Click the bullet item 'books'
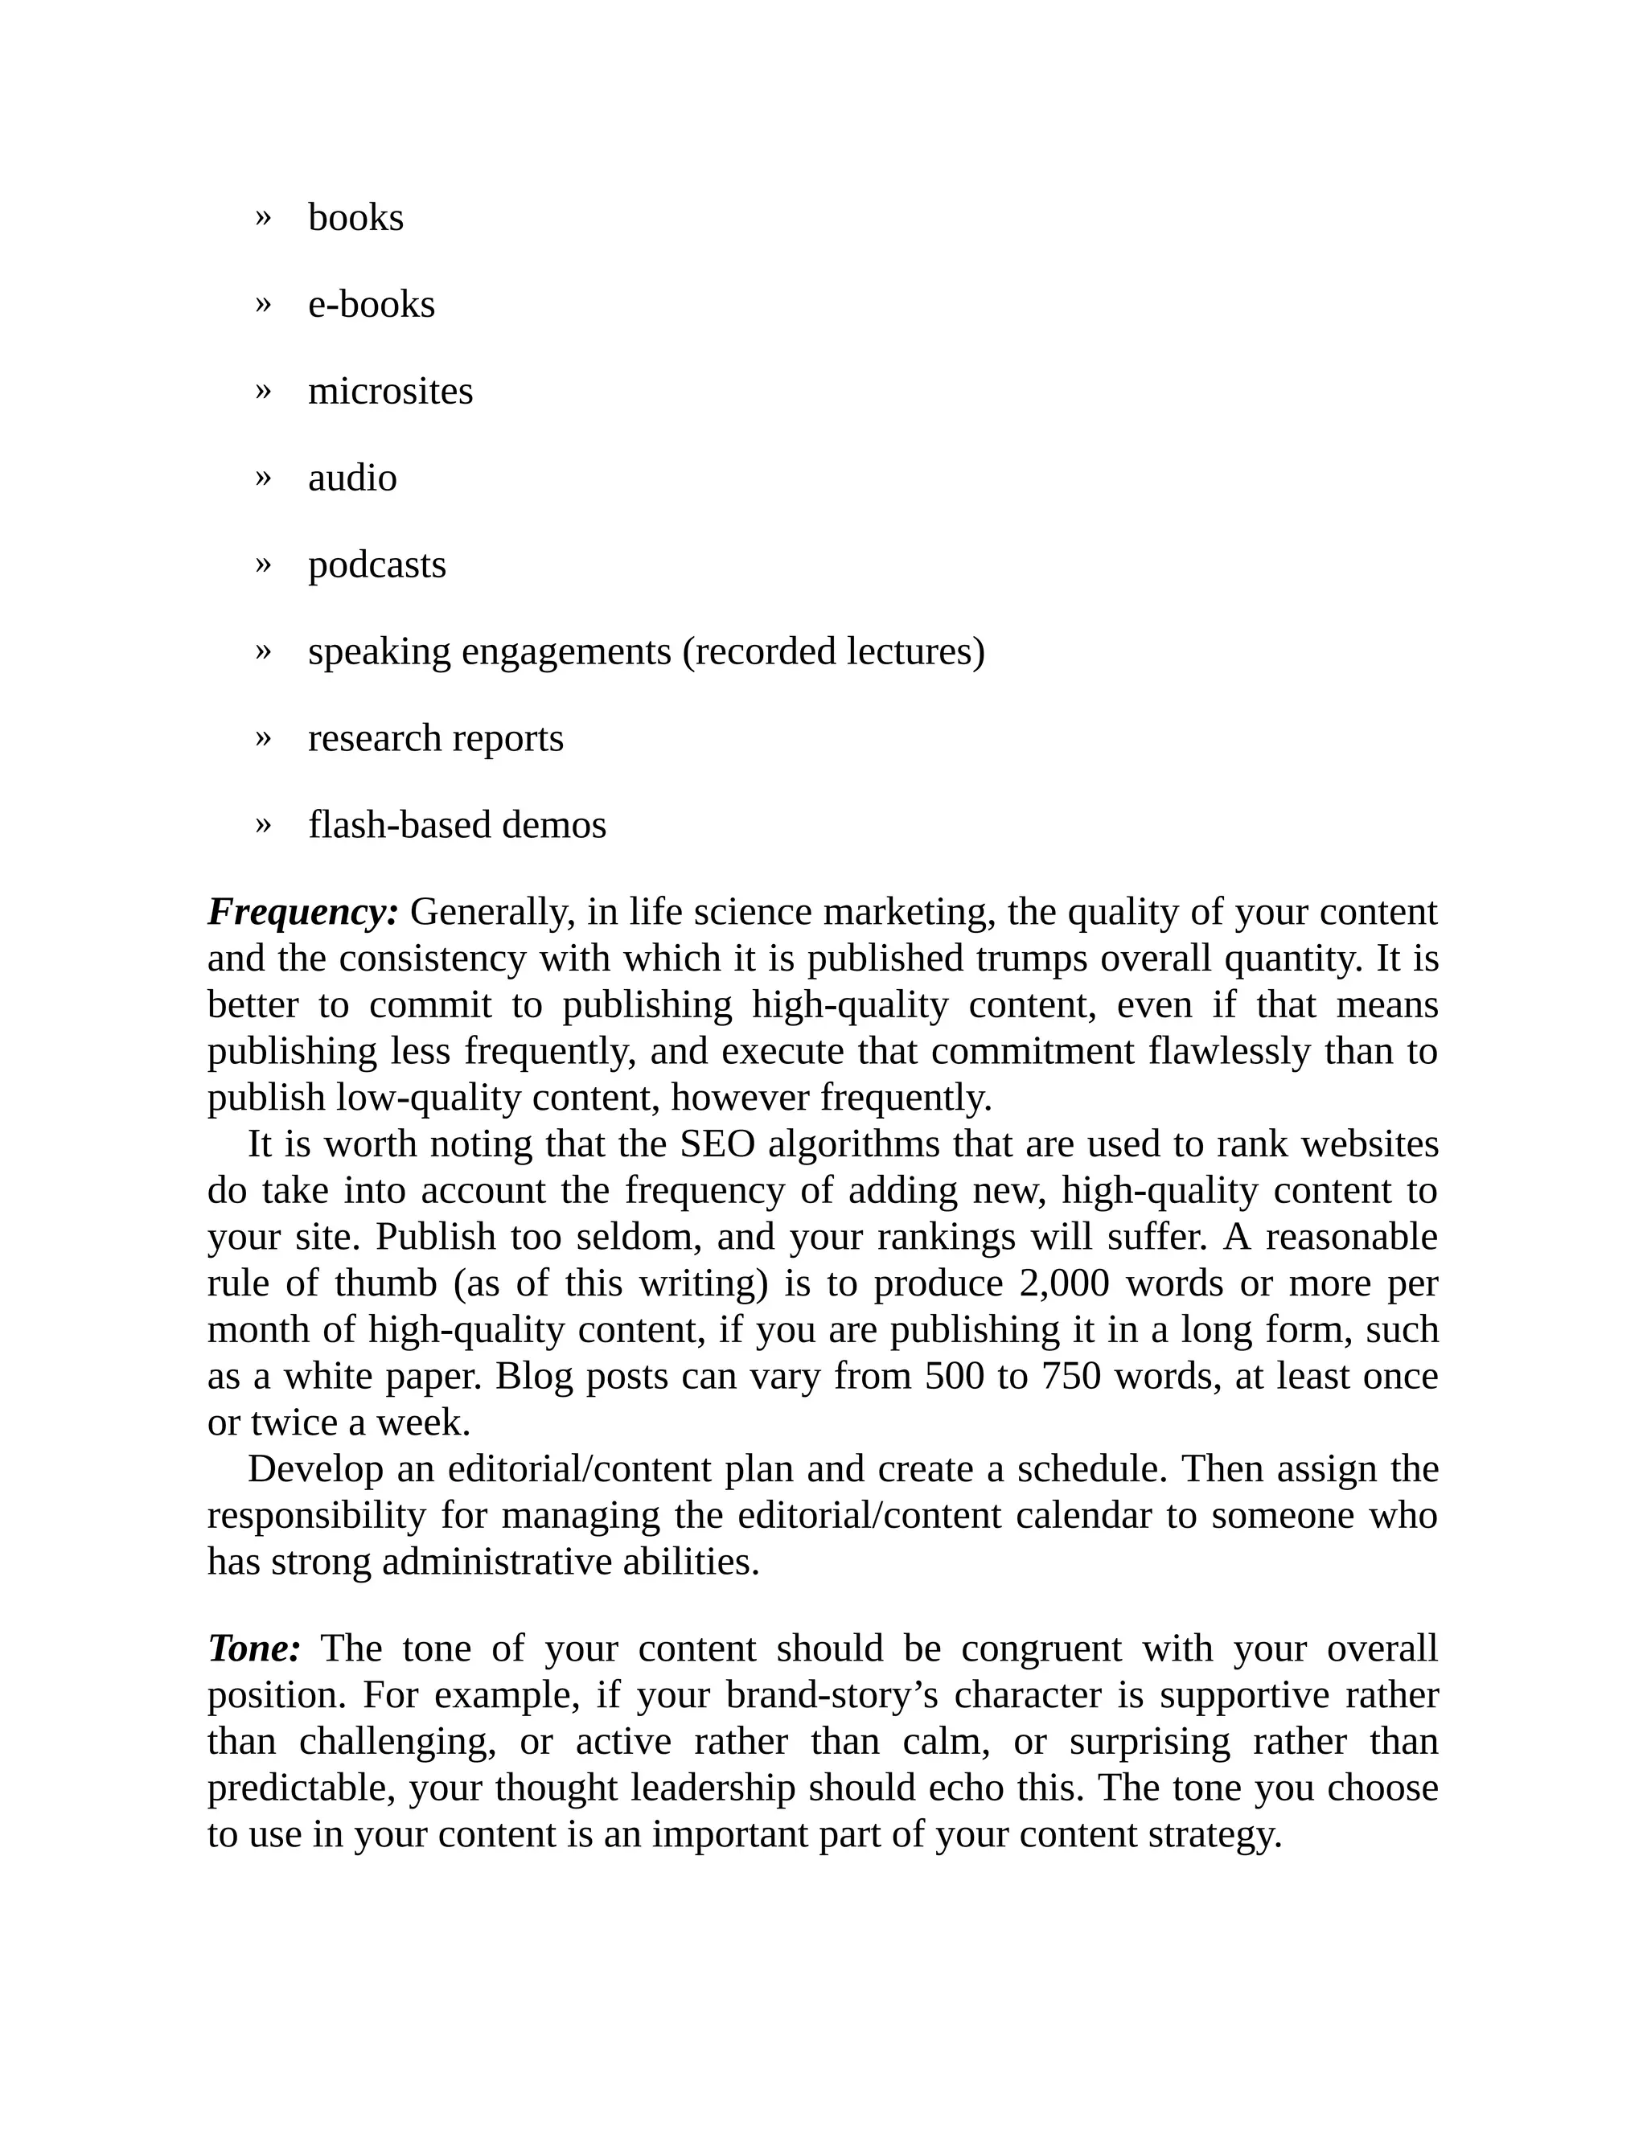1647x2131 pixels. (355, 218)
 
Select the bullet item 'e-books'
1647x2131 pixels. (371, 305)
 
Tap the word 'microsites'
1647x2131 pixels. (390, 392)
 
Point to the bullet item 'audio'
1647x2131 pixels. (352, 478)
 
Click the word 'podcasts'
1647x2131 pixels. (376, 565)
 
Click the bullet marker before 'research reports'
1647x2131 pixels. (261, 737)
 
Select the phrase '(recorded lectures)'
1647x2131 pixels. (833, 652)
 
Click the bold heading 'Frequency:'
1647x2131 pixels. (302, 913)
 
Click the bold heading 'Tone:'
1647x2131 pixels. (253, 1648)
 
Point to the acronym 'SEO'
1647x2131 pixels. (717, 1144)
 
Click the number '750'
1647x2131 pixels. (1070, 1376)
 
